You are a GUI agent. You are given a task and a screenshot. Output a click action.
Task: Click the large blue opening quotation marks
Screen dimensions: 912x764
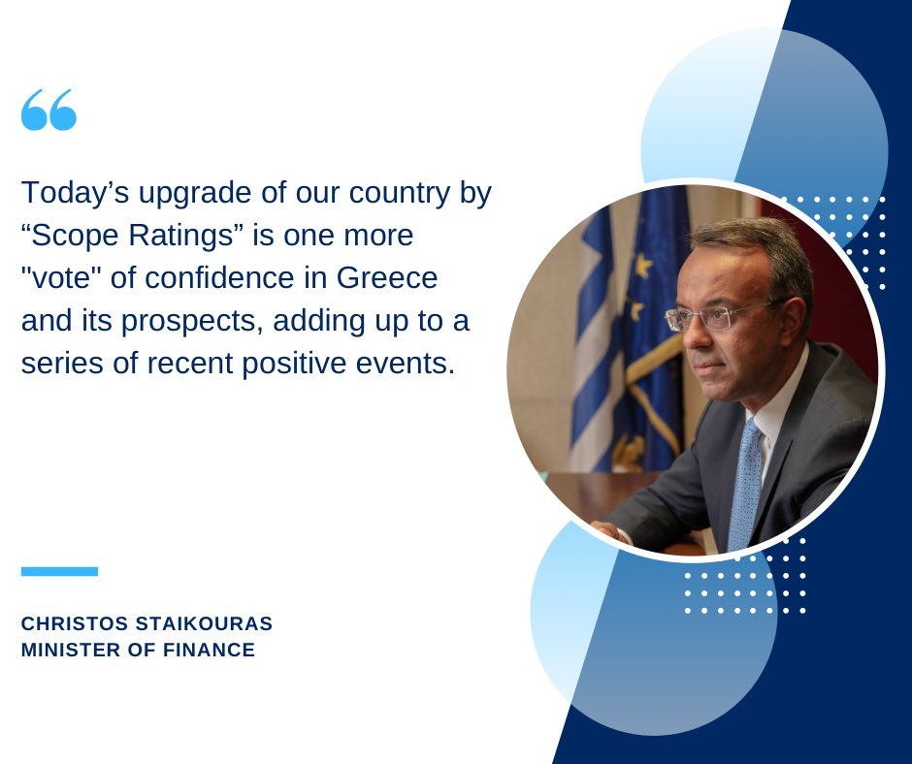click(x=49, y=110)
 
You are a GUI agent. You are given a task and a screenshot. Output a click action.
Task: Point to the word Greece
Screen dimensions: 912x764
click(x=387, y=278)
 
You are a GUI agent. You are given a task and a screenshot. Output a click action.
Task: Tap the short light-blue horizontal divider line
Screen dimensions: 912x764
click(x=59, y=572)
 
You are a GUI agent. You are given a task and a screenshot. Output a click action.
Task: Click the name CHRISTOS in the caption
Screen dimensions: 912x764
click(x=75, y=623)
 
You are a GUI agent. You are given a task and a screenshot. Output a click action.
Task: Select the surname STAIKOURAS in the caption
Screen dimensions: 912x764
click(x=204, y=623)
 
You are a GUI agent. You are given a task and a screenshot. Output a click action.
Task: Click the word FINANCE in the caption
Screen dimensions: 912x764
click(x=209, y=650)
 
